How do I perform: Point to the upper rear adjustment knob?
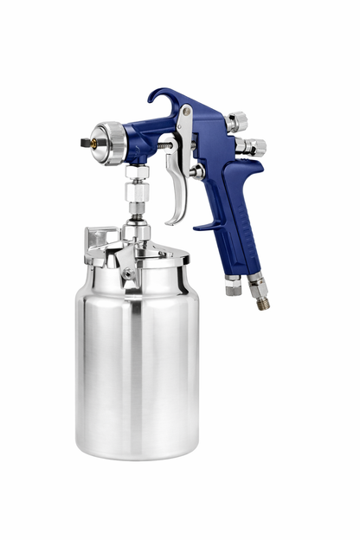point(238,121)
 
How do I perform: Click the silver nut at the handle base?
point(232,286)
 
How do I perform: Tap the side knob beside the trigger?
point(198,171)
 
